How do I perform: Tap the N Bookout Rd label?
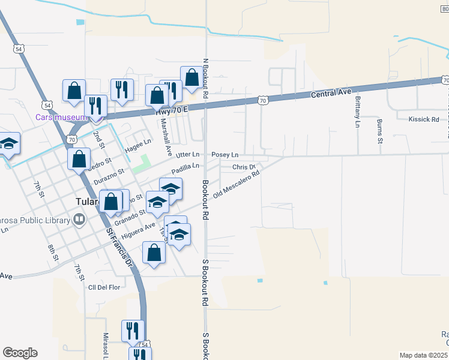tap(205, 78)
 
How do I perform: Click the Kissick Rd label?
tap(424, 119)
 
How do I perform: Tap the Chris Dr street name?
tap(244, 167)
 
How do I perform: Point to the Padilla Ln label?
tap(185, 169)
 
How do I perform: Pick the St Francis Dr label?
tap(118, 246)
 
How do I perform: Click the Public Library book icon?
tap(79, 221)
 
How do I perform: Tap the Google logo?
tap(20, 352)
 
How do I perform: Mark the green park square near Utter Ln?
tap(141, 163)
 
